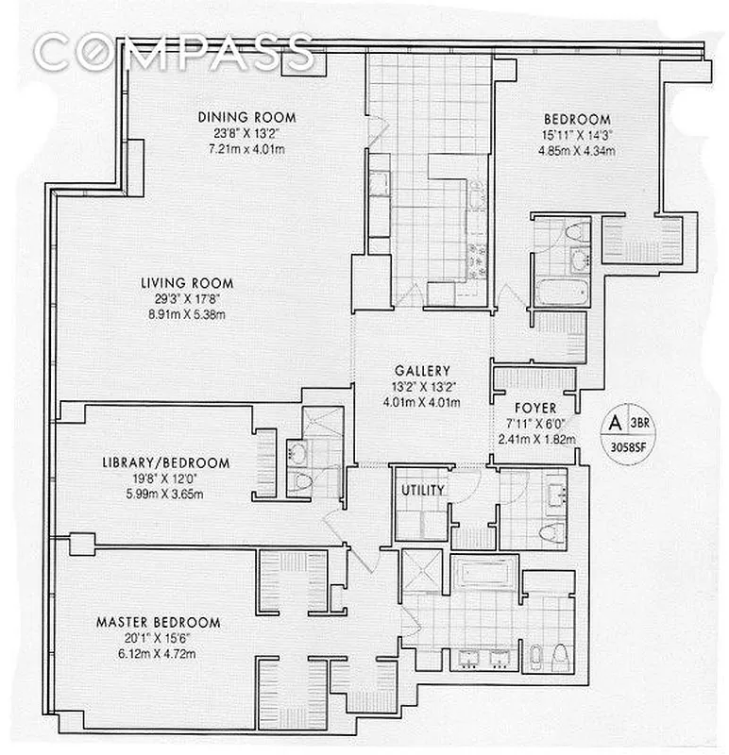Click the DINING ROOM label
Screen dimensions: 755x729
coord(246,118)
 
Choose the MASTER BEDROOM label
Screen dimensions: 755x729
coord(159,623)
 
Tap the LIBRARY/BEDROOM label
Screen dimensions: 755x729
coord(166,462)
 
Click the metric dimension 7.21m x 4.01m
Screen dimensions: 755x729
coord(246,149)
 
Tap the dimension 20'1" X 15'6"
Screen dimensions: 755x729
coord(159,639)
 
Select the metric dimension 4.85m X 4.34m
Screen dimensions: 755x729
coord(577,151)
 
